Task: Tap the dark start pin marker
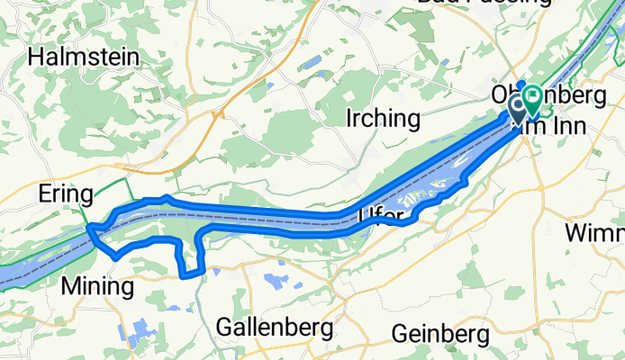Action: (x=519, y=109)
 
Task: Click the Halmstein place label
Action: (x=84, y=58)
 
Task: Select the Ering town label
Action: (x=65, y=194)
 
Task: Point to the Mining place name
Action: (x=97, y=287)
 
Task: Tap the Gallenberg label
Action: (x=275, y=326)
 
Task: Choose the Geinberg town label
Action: (x=440, y=334)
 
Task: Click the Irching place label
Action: (x=383, y=118)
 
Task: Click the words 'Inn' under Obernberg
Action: (x=548, y=126)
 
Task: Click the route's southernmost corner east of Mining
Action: (x=186, y=274)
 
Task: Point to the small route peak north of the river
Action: (x=165, y=197)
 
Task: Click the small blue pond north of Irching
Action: (x=312, y=65)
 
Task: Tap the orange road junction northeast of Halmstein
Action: (x=216, y=115)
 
